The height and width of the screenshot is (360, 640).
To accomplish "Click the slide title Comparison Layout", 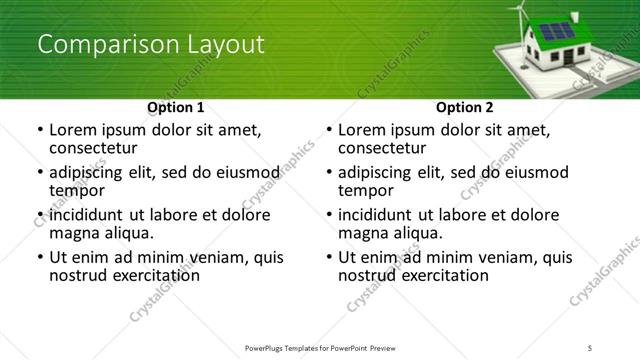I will [x=150, y=45].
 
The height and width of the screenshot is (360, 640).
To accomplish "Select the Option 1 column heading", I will [x=175, y=106].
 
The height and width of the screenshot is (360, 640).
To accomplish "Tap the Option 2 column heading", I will [x=464, y=106].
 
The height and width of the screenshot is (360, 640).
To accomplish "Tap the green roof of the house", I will [x=561, y=31].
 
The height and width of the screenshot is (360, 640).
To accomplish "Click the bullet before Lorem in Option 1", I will [x=39, y=130].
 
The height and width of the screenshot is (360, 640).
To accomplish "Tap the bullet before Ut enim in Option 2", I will [x=328, y=257].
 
